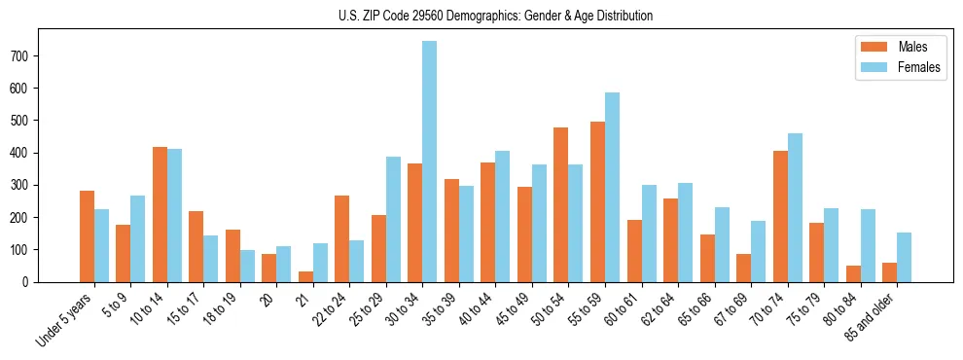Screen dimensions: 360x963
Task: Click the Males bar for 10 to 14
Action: (x=160, y=214)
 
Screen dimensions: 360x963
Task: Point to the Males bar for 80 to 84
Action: (x=854, y=273)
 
